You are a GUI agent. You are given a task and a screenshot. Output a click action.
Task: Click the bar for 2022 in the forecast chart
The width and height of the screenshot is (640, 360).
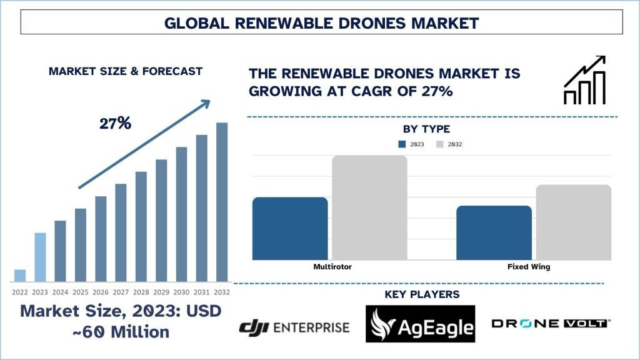20,275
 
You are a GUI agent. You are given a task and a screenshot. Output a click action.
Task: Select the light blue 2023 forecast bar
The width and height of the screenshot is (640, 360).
40,257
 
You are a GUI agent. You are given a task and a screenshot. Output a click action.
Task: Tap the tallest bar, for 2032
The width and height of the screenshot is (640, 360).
222,201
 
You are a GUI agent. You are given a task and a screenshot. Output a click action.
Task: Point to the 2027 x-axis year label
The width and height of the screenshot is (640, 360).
121,292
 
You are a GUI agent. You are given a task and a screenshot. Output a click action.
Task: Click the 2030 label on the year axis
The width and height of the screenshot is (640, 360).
181,292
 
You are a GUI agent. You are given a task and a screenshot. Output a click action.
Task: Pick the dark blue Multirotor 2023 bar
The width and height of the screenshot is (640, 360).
290,228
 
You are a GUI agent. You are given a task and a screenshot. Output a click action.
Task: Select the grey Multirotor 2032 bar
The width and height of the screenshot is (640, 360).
369,207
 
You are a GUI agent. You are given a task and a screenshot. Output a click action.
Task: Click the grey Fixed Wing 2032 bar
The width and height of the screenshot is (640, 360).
573,222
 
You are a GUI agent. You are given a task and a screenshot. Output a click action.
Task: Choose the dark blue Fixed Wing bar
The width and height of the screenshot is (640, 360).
494,232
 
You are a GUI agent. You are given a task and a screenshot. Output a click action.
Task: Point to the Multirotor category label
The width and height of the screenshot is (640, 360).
332,267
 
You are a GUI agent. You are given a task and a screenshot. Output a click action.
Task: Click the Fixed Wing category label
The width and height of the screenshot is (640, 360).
529,267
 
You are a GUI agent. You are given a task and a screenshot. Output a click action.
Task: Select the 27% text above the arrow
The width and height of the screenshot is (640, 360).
115,124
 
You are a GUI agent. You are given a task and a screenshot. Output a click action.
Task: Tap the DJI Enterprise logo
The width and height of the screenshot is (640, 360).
294,326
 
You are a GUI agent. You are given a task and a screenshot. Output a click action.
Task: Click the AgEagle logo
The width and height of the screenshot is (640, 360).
420,324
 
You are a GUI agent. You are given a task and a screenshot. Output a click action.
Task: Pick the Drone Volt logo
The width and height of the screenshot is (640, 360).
550,323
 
